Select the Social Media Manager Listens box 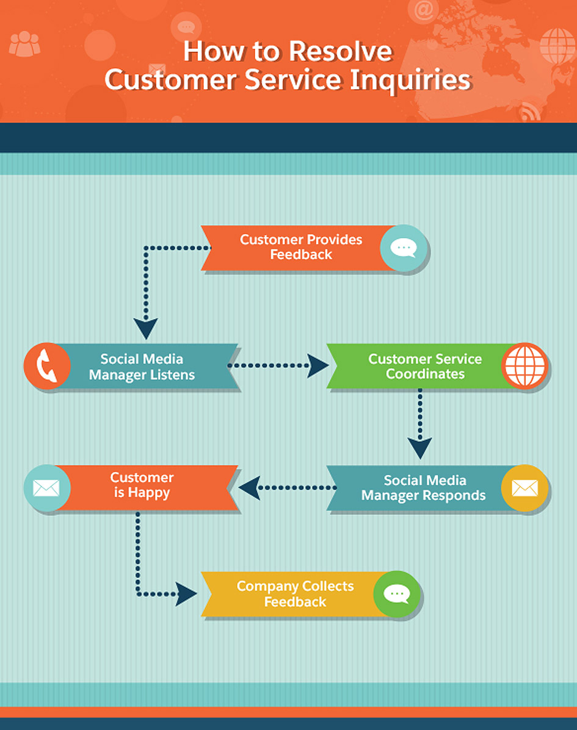[x=142, y=367]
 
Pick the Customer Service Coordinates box [x=424, y=367]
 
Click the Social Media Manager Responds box [x=423, y=488]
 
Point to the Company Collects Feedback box [x=295, y=594]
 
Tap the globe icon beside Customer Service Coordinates [x=524, y=367]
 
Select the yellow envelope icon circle [x=524, y=488]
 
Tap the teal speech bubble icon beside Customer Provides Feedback [x=403, y=247]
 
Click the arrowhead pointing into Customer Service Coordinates [x=318, y=366]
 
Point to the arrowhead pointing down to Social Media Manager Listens [x=145, y=328]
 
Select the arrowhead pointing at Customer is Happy [x=249, y=488]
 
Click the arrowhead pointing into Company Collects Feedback [x=186, y=594]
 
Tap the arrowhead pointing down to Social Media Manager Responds [x=419, y=448]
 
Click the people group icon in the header [x=24, y=44]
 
